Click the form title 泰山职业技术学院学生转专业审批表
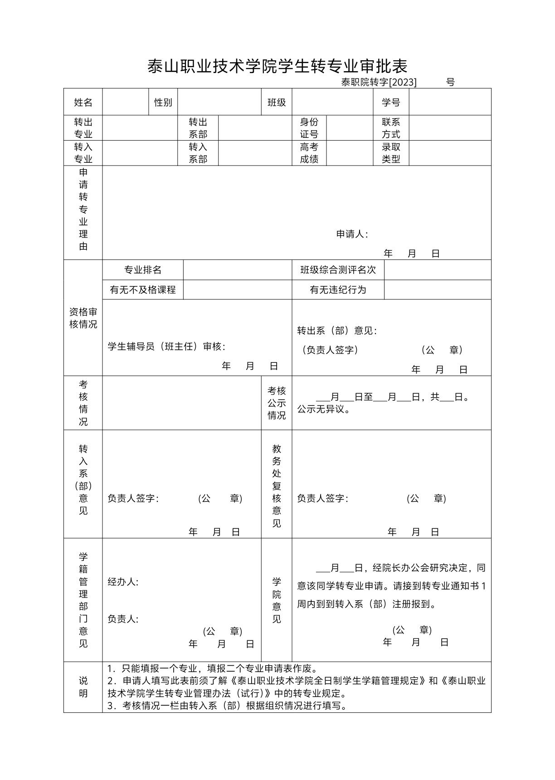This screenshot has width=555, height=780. pyautogui.click(x=277, y=66)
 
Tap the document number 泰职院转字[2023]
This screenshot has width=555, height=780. pyautogui.click(x=379, y=82)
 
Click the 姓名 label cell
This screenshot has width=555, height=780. pyautogui.click(x=83, y=102)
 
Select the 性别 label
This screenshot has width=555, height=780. pyautogui.click(x=163, y=102)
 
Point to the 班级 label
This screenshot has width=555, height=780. pyautogui.click(x=277, y=102)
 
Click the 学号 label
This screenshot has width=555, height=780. pyautogui.click(x=391, y=102)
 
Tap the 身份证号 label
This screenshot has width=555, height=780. pyautogui.click(x=309, y=128)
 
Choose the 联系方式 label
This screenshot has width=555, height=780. pyautogui.click(x=391, y=128)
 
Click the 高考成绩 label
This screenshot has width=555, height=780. pyautogui.click(x=309, y=153)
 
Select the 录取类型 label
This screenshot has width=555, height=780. pyautogui.click(x=391, y=153)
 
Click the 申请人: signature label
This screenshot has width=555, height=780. pyautogui.click(x=352, y=234)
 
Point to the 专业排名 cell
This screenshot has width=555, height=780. pyautogui.click(x=143, y=270)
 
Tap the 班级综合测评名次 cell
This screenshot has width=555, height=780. pyautogui.click(x=338, y=270)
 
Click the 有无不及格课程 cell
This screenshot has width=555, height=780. pyautogui.click(x=143, y=290)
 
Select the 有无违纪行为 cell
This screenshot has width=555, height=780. pyautogui.click(x=338, y=290)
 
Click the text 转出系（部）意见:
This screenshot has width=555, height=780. pyautogui.click(x=337, y=331)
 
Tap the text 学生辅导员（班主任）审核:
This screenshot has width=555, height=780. pyautogui.click(x=166, y=347)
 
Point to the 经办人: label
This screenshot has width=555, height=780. pyautogui.click(x=123, y=582)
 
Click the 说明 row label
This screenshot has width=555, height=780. pyautogui.click(x=83, y=687)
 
